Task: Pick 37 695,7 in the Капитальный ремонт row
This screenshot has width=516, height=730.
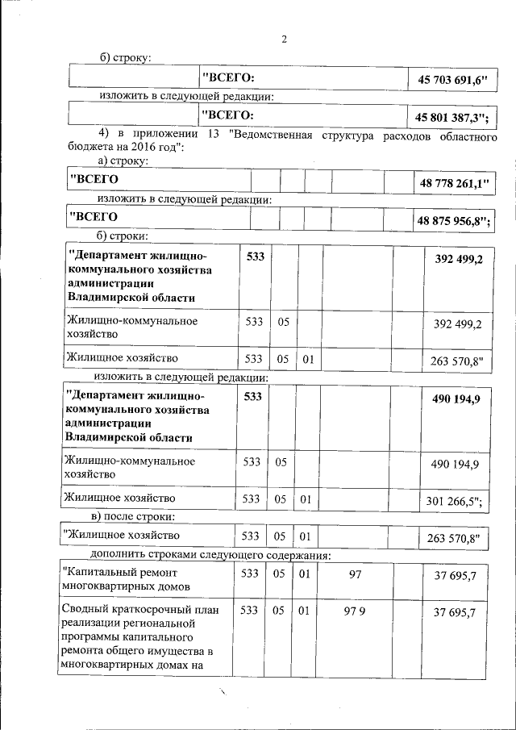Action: [x=455, y=574]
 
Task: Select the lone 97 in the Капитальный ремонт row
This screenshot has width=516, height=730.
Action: [x=355, y=574]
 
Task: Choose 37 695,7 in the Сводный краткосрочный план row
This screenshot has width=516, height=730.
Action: [x=455, y=612]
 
